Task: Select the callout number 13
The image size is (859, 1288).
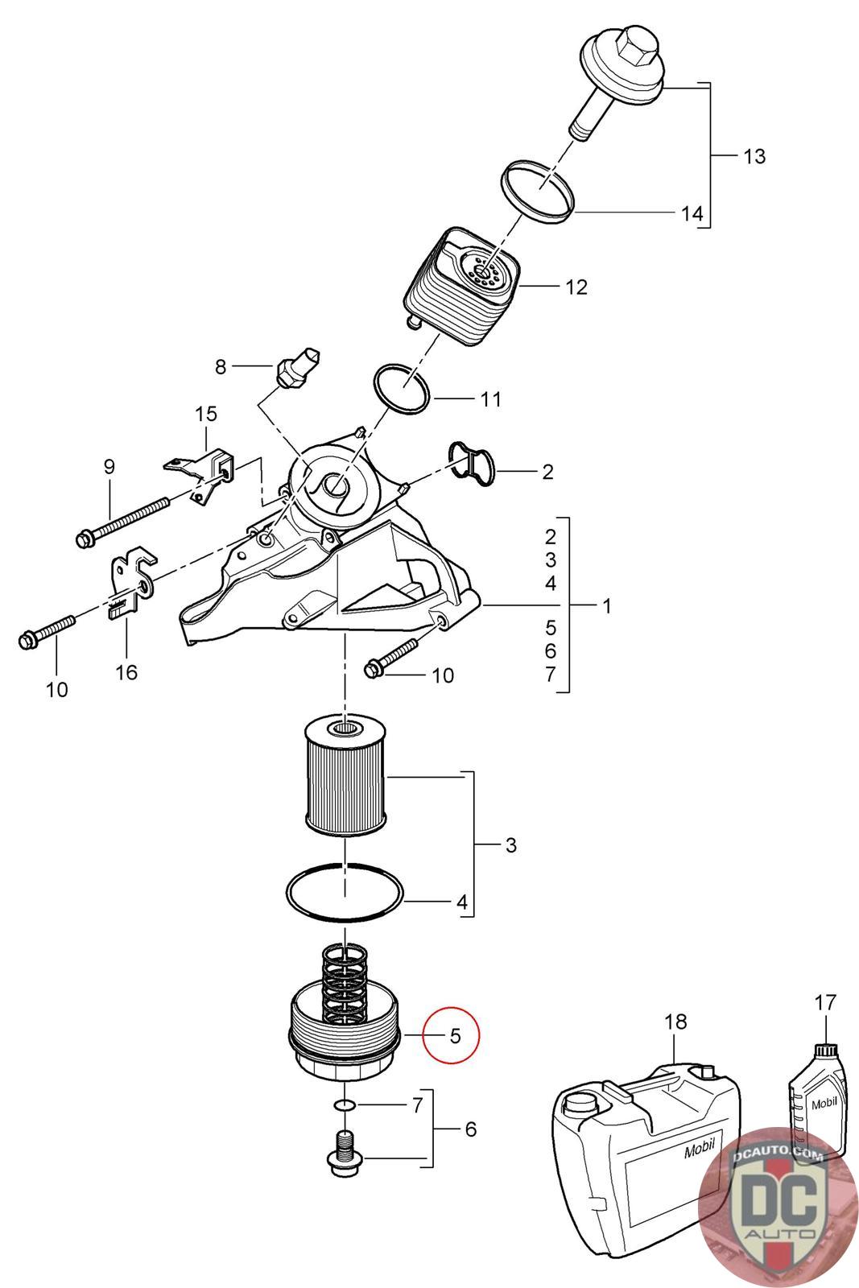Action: point(754,156)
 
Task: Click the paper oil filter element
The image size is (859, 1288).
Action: point(345,774)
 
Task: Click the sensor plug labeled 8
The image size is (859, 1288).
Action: point(297,366)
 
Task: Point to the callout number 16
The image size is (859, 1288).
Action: point(126,671)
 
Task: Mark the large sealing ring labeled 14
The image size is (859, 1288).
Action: point(538,190)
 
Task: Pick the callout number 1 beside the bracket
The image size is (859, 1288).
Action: point(606,605)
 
